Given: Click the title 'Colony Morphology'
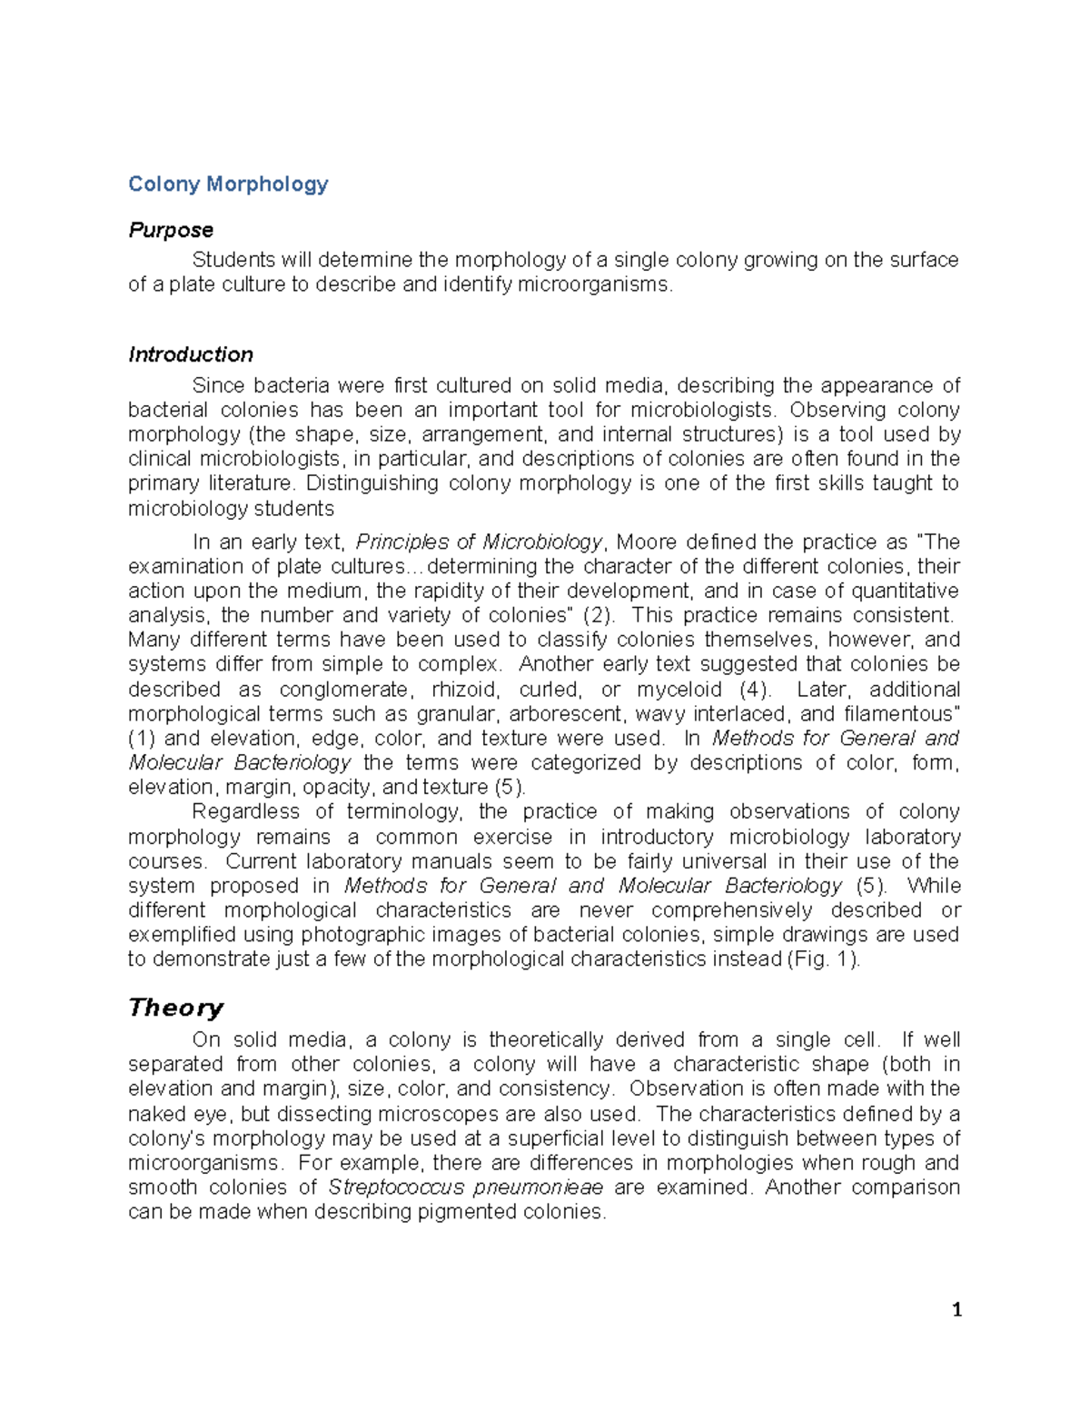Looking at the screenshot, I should tap(228, 184).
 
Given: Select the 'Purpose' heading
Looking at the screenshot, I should tap(171, 230).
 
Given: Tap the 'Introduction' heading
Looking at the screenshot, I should tap(191, 354).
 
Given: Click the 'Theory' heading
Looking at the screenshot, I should tap(176, 1008).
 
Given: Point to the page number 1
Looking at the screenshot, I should tap(956, 1309).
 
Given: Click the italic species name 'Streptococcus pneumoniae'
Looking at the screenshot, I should tap(465, 1187).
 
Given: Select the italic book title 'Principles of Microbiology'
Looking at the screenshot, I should tap(479, 542).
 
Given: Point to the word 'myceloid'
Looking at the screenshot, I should tap(679, 690).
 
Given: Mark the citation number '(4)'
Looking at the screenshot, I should tap(755, 690).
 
